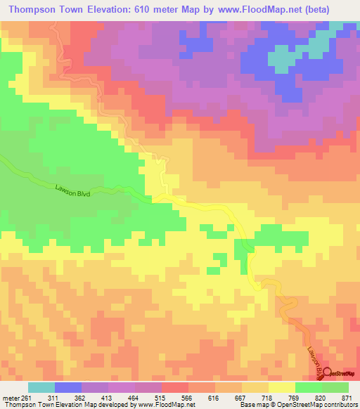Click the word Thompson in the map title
click(33, 9)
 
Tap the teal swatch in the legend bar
click(41, 388)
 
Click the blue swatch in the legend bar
click(68, 388)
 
